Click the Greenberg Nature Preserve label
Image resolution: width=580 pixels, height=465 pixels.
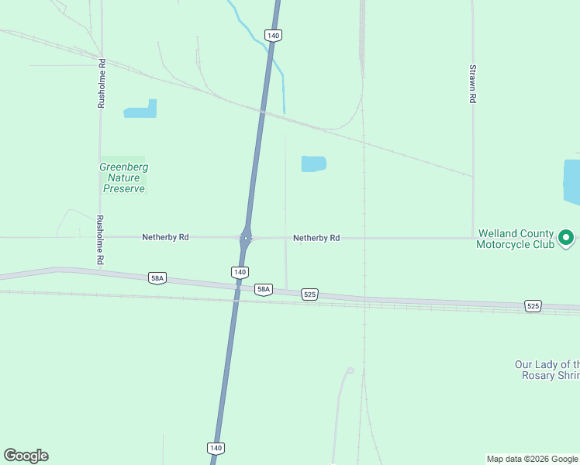click(x=124, y=177)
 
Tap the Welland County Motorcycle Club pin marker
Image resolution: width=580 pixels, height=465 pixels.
click(x=567, y=238)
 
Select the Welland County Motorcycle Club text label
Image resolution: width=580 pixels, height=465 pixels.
click(x=516, y=239)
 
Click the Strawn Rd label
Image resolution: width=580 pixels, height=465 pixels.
click(x=472, y=84)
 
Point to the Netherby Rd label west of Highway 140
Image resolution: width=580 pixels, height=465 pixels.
click(x=165, y=237)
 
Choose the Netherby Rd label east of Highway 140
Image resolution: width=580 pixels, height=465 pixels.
click(x=316, y=238)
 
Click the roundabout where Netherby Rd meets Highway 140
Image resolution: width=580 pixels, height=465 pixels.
click(x=245, y=238)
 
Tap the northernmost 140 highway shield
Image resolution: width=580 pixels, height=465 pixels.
click(x=272, y=35)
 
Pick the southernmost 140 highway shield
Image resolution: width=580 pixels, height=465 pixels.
click(x=216, y=448)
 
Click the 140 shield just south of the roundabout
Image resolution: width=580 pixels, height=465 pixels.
click(x=240, y=272)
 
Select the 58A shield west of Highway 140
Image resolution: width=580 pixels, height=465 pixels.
click(x=157, y=277)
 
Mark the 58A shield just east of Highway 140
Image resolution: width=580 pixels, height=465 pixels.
click(x=264, y=289)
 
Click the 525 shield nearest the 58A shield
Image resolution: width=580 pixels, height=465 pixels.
click(x=310, y=294)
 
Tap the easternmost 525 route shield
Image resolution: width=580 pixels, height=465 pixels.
click(x=533, y=306)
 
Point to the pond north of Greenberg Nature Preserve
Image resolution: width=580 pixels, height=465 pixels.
click(x=141, y=110)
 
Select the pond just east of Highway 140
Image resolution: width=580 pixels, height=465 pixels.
click(x=313, y=164)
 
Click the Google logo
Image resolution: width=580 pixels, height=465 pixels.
click(x=26, y=456)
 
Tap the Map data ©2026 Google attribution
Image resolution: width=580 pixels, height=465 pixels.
click(x=533, y=459)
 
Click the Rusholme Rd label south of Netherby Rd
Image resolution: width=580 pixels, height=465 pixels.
click(x=99, y=240)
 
